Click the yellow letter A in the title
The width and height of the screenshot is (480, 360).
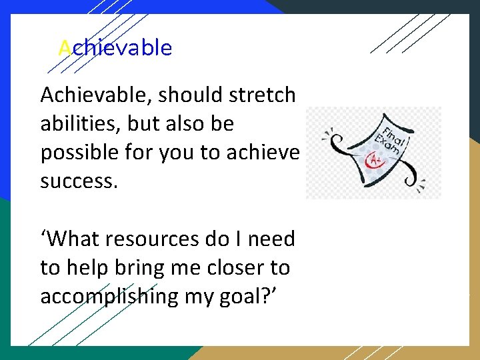(65, 48)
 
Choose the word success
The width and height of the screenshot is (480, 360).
(79, 181)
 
